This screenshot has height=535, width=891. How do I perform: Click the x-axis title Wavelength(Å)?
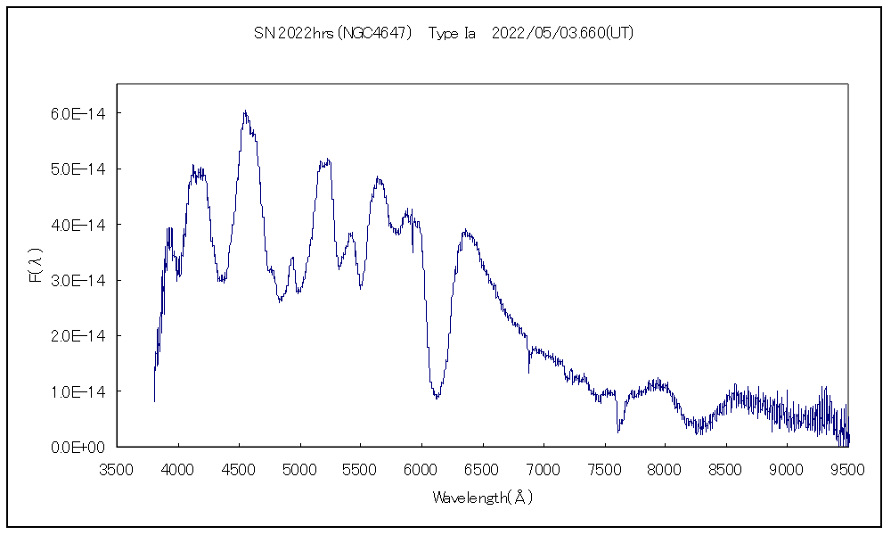click(x=482, y=498)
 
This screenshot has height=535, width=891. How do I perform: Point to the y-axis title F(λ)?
click(x=35, y=266)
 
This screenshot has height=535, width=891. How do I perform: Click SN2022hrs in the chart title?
click(x=295, y=33)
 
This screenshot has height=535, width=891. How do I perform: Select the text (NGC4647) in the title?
click(x=374, y=33)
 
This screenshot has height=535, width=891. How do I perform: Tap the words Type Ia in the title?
click(x=452, y=33)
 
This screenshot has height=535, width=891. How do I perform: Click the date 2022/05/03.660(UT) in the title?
click(x=562, y=33)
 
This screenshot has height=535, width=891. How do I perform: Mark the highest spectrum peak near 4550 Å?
click(x=244, y=111)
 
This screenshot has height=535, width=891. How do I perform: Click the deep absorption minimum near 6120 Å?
click(x=437, y=398)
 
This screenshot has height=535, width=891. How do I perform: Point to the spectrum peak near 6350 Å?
click(x=465, y=231)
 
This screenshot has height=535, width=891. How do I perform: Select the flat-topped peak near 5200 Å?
click(x=325, y=161)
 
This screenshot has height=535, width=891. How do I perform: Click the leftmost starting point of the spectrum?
click(x=154, y=401)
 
